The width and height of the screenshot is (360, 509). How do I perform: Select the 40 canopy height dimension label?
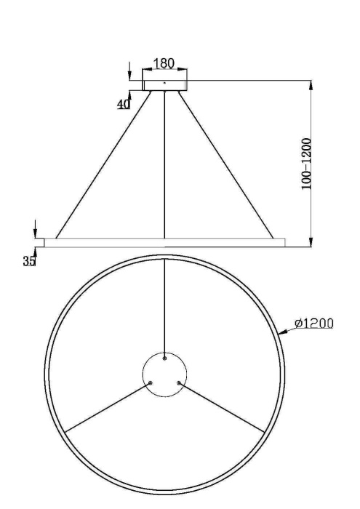(x=124, y=104)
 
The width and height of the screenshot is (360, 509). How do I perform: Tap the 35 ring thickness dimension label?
(x=29, y=261)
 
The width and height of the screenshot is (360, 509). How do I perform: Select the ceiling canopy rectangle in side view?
(x=165, y=85)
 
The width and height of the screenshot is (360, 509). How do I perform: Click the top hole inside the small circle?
(x=165, y=358)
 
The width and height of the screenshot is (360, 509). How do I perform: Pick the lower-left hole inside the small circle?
(x=151, y=383)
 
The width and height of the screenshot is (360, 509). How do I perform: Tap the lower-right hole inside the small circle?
(x=179, y=383)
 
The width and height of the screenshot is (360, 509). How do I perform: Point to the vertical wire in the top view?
(x=165, y=305)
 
